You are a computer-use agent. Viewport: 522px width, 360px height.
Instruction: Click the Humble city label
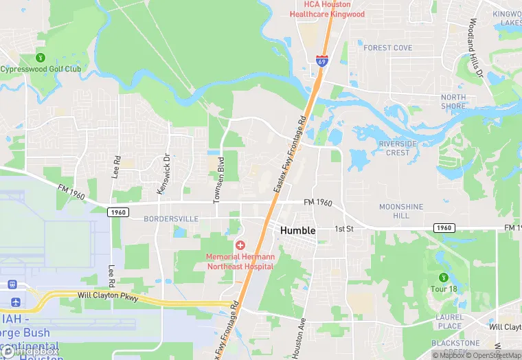coord(298,231)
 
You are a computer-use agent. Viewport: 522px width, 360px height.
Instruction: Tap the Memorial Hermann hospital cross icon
coord(240,245)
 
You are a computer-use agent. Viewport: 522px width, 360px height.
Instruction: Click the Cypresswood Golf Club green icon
coord(41,58)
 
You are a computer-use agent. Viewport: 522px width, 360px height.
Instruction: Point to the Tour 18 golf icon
coord(443,277)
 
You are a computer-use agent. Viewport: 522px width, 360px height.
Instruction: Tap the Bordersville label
coord(171,218)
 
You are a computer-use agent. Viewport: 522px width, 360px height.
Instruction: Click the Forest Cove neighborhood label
coord(387,48)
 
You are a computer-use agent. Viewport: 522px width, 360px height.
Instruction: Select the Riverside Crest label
coord(398,148)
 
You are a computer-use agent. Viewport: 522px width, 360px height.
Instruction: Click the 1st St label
coord(343,229)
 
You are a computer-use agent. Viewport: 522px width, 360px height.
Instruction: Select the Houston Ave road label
coord(297,338)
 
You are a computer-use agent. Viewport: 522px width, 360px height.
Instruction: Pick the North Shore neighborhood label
coord(453,102)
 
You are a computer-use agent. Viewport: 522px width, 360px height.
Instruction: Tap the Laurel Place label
coord(450,322)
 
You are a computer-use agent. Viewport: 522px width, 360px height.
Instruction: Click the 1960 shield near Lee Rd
coord(117,212)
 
